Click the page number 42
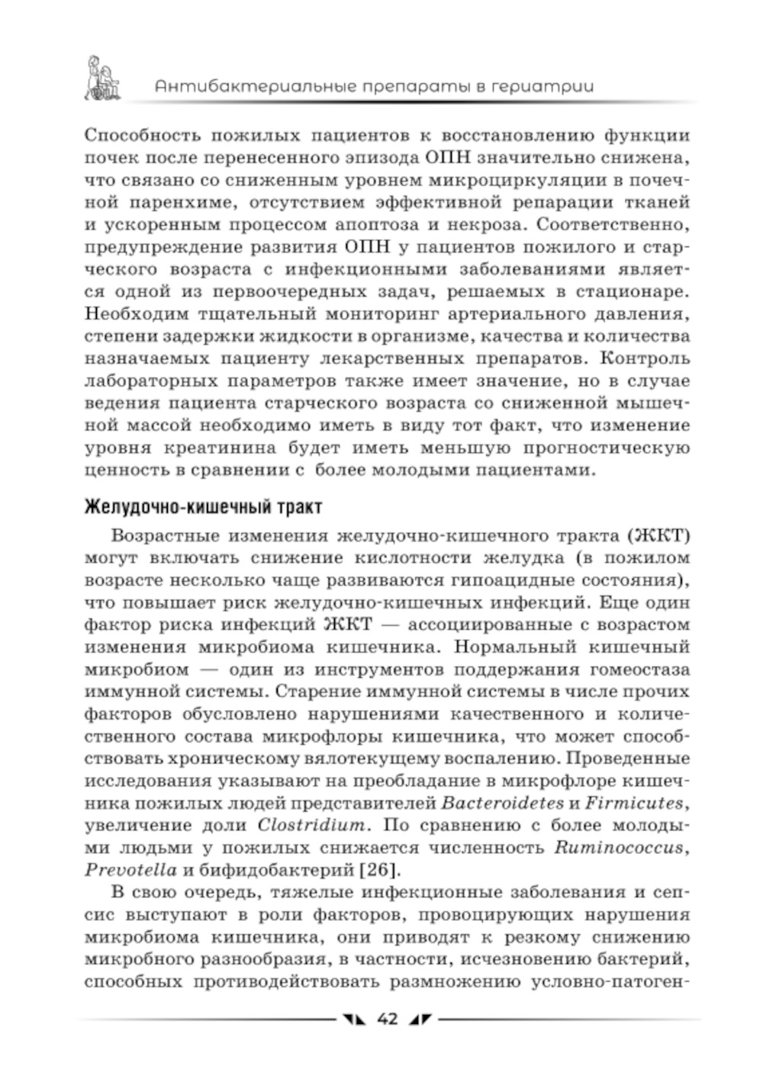point(387,1019)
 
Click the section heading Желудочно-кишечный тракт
point(202,506)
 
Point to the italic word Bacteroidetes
point(502,803)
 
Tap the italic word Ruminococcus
point(621,848)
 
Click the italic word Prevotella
point(130,870)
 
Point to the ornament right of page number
point(420,1019)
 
